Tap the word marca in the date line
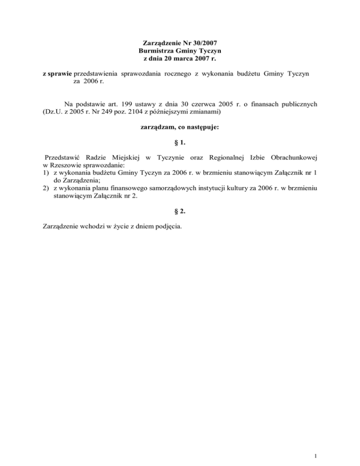pyautogui.click(x=187, y=59)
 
